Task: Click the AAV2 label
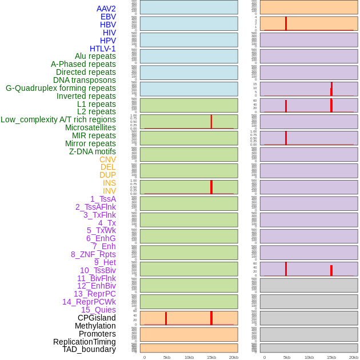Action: coord(106,9)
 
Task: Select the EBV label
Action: coord(108,17)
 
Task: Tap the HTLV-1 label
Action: coord(103,49)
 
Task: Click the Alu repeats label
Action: coord(95,57)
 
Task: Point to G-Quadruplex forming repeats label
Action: coord(61,88)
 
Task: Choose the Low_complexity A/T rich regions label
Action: coord(58,119)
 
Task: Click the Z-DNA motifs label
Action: coord(93,151)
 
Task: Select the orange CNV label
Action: coord(107,159)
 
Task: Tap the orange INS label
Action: coord(109,183)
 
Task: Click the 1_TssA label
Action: coord(103,199)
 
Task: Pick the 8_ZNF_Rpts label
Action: coord(93,254)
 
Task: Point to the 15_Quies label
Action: coord(98,310)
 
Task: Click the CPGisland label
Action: coord(97,318)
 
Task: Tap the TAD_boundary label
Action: coord(89,349)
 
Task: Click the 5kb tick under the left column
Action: coord(167,357)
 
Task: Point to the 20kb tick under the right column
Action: coord(354,357)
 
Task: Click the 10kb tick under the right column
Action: coord(309,357)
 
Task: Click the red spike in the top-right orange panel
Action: coord(286,23)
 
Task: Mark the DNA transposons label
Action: coord(85,80)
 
